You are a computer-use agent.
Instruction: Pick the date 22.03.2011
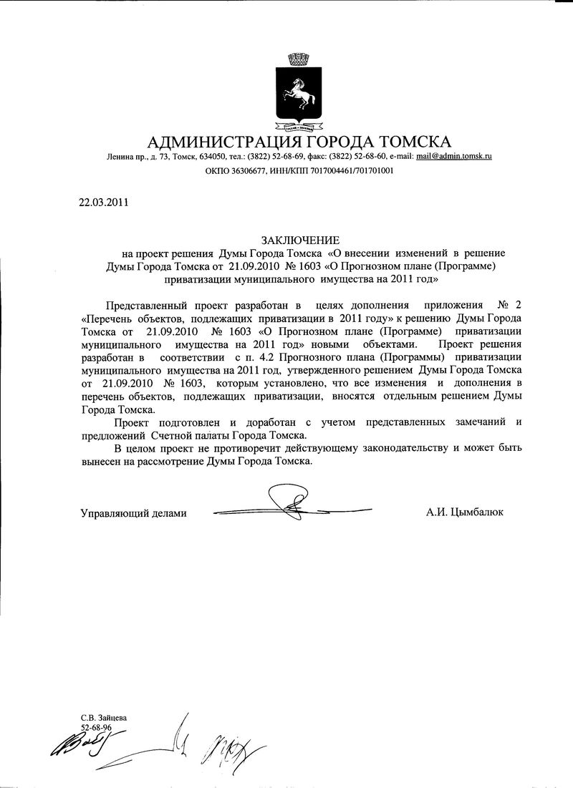coord(102,201)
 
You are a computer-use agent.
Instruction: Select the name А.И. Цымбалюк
coord(463,512)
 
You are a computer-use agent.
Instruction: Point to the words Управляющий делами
coord(133,512)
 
